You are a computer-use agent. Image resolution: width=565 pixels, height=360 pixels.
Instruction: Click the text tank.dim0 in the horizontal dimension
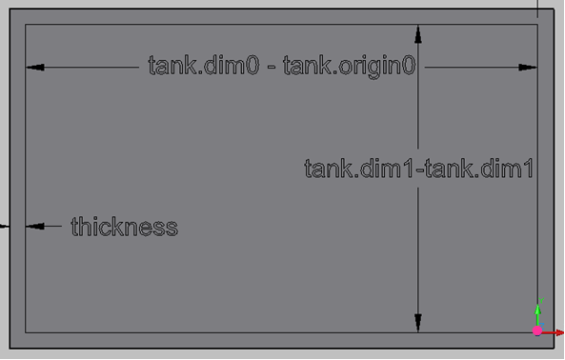[204, 65]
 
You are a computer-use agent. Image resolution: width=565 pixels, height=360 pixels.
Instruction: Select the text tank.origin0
[350, 67]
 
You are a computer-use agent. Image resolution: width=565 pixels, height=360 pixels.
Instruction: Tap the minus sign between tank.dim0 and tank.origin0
[272, 67]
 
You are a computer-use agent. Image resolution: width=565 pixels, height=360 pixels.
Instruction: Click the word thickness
[124, 227]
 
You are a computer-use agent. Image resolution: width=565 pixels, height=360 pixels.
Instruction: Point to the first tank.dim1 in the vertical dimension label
[359, 169]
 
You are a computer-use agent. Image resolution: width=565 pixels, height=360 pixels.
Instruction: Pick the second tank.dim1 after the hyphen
[479, 169]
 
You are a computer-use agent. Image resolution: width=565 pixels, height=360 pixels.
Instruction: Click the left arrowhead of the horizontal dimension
[35, 68]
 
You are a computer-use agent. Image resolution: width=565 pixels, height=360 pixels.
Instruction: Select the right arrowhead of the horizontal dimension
[528, 68]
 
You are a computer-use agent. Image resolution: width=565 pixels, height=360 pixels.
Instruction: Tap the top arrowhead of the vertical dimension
[418, 34]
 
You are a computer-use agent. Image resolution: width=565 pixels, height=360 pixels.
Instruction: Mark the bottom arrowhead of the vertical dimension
[418, 323]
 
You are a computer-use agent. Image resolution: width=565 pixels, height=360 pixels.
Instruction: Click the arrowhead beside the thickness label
[35, 226]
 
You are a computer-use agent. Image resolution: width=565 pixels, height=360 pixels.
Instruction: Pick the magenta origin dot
[537, 330]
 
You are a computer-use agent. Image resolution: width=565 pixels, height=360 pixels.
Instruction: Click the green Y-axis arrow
[538, 316]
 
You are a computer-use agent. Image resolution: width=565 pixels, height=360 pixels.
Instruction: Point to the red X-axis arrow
[553, 332]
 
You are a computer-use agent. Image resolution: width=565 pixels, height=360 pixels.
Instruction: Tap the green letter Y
[541, 301]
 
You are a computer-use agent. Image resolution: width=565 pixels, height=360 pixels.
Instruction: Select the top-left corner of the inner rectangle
[25, 25]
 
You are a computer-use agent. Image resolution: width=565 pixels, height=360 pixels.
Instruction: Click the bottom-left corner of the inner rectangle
[25, 332]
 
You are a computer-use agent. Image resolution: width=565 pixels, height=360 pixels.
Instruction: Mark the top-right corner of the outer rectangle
[555, 9]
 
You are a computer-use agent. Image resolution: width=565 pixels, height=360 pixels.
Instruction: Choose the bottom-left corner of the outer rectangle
[10, 349]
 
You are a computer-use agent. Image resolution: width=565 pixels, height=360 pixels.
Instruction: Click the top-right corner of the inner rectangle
[538, 25]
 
